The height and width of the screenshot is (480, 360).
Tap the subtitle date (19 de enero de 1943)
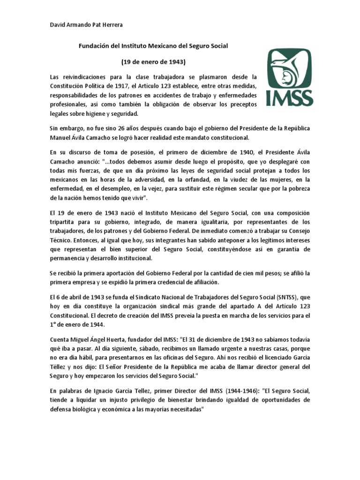pos(153,61)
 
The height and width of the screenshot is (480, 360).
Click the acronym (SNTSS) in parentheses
pos(297,297)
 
